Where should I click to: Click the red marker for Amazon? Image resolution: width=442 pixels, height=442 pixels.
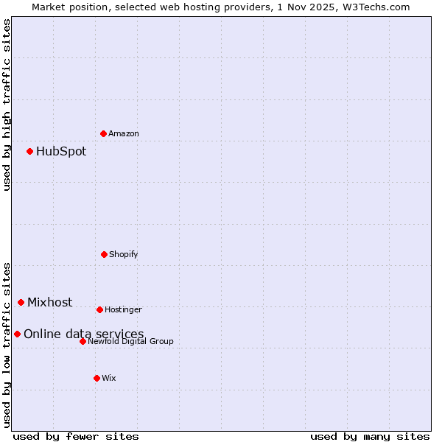click(x=103, y=133)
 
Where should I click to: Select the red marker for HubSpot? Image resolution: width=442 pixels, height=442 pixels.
click(x=29, y=151)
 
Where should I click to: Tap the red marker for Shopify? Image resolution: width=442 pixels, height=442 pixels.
click(x=104, y=254)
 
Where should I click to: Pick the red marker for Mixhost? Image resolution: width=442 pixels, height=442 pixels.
click(x=21, y=302)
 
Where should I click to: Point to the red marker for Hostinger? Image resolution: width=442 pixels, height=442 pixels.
click(x=99, y=309)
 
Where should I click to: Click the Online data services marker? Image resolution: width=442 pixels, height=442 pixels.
click(x=17, y=334)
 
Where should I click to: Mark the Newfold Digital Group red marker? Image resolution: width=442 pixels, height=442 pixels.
click(x=83, y=341)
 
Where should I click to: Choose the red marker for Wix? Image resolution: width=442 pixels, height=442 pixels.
click(x=97, y=378)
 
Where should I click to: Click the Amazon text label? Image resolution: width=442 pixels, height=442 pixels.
click(x=124, y=133)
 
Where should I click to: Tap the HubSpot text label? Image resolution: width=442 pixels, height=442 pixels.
click(x=61, y=151)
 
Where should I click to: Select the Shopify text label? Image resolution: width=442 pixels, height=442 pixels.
click(x=124, y=254)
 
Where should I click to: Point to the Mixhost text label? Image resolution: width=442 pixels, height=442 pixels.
click(x=50, y=302)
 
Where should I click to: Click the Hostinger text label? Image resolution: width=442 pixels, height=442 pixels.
click(x=123, y=309)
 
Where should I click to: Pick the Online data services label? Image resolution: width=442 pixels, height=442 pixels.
click(x=84, y=334)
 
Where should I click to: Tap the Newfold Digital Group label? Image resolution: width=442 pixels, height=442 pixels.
click(x=130, y=341)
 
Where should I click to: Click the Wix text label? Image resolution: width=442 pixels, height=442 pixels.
click(x=109, y=378)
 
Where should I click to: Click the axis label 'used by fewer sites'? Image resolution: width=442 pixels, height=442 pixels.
click(x=76, y=436)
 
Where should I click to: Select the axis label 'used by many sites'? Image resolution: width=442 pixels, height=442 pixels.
click(x=370, y=436)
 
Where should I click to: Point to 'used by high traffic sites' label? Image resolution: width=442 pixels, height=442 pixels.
click(x=7, y=105)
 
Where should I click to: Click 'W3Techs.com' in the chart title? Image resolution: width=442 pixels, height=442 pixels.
click(x=374, y=7)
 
